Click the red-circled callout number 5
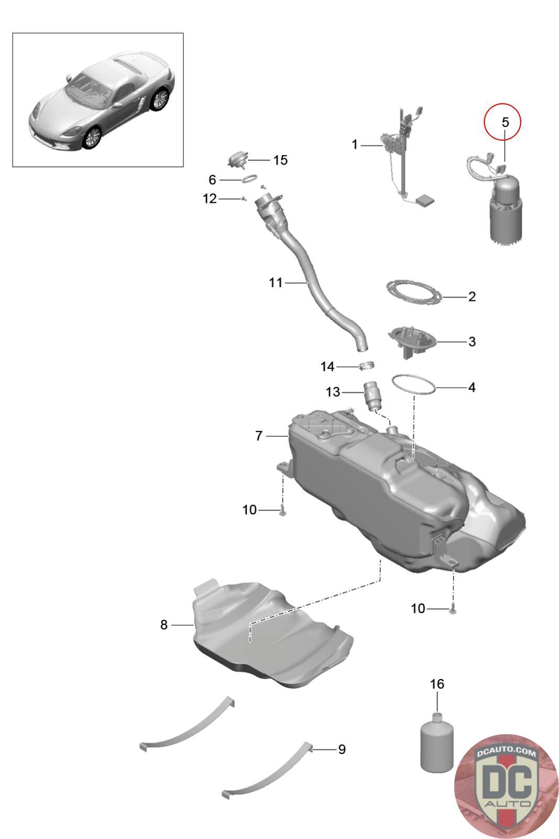click(x=505, y=122)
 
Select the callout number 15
click(x=280, y=160)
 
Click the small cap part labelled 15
click(x=238, y=158)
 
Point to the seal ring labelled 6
click(x=249, y=179)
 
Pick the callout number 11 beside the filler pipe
click(x=276, y=283)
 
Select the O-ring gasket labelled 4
click(x=414, y=385)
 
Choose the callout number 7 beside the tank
click(x=259, y=436)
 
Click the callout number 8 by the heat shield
click(x=164, y=625)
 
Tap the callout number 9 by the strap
click(x=342, y=749)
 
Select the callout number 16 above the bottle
click(x=436, y=684)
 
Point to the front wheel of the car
click(x=92, y=137)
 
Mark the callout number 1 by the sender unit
click(x=355, y=144)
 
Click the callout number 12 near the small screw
click(x=210, y=199)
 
